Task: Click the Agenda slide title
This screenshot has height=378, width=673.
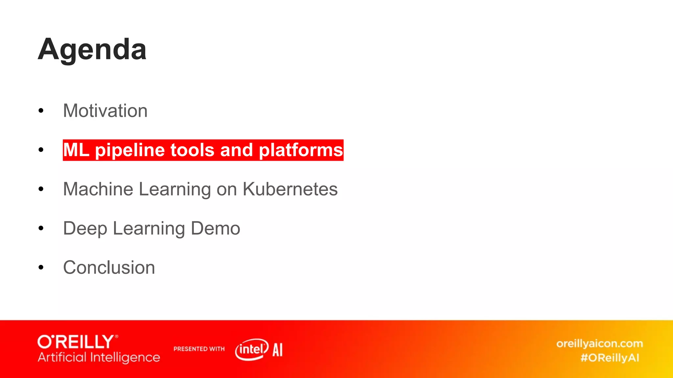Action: [x=92, y=49]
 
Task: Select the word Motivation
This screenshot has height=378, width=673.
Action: [x=105, y=111]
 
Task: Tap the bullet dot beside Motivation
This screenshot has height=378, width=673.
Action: [x=41, y=111]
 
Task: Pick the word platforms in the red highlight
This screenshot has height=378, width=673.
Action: [x=301, y=150]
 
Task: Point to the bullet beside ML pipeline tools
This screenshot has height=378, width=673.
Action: [x=41, y=150]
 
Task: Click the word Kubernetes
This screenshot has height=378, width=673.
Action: [x=290, y=189]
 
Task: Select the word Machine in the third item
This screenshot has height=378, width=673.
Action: [x=98, y=189]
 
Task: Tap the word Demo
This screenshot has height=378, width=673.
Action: [x=215, y=228]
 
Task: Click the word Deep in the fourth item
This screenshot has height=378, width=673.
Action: [x=85, y=228]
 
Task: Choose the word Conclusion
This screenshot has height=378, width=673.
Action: [x=109, y=267]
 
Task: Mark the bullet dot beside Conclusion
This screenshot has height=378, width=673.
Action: [x=41, y=267]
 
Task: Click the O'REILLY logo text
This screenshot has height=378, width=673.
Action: [x=77, y=342]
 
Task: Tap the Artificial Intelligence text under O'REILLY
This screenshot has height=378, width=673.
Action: [x=99, y=357]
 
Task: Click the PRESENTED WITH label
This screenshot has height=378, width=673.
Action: [x=199, y=349]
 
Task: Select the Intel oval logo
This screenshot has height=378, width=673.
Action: [x=252, y=349]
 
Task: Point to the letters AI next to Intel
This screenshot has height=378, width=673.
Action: [x=277, y=350]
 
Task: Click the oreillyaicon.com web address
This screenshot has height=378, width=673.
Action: [x=599, y=344]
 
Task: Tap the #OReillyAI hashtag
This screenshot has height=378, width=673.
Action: [x=610, y=358]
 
